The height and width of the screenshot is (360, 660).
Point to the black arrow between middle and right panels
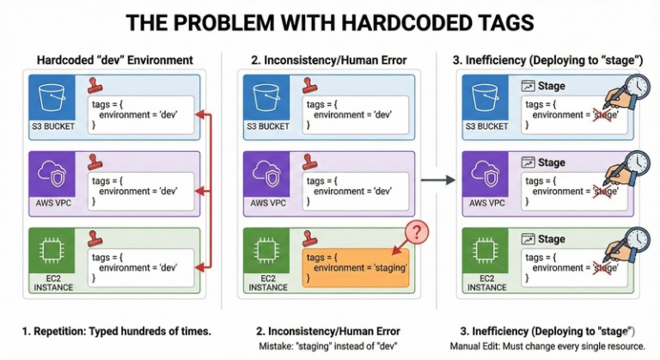439,180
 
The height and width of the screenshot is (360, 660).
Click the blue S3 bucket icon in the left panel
51,96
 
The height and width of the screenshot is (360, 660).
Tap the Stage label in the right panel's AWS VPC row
551,162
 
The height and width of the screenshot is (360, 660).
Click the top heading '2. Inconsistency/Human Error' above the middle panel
327,59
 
